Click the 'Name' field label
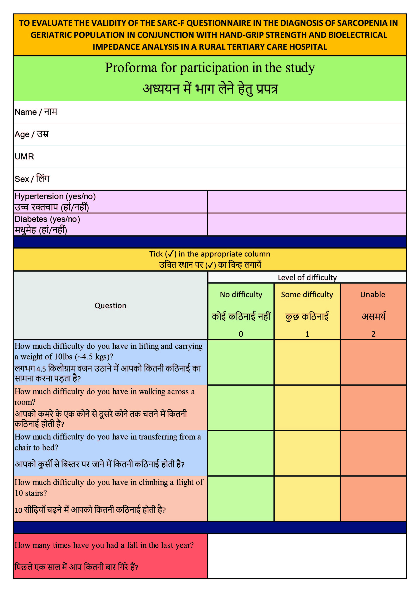tap(26, 112)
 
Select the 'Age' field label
tap(22, 134)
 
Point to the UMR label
tap(24, 156)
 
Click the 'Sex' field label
tap(22, 179)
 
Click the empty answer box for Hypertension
tap(307, 202)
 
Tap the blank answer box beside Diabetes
tap(307, 224)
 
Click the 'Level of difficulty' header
tap(307, 278)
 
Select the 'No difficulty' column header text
tap(241, 294)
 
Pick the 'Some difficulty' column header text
tap(307, 294)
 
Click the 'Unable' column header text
tap(373, 294)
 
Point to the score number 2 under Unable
tap(373, 334)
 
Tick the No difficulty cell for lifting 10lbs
tap(241, 362)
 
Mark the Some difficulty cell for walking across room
tap(307, 408)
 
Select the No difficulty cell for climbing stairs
tap(241, 498)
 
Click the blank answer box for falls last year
tap(307, 556)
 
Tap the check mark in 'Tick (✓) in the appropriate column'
tap(170, 254)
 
